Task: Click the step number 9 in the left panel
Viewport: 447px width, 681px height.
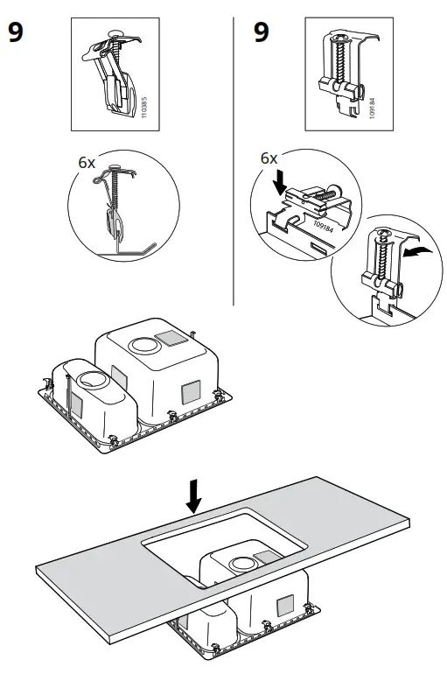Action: tap(15, 34)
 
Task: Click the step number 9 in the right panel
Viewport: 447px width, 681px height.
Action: tap(262, 34)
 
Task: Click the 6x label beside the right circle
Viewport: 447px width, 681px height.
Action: tap(269, 158)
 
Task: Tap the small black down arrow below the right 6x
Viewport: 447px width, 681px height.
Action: tap(278, 180)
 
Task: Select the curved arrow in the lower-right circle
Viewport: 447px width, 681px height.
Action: tap(417, 252)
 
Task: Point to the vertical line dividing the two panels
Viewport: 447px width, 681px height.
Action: tap(233, 158)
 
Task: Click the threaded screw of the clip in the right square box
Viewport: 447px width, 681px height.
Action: tap(337, 65)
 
